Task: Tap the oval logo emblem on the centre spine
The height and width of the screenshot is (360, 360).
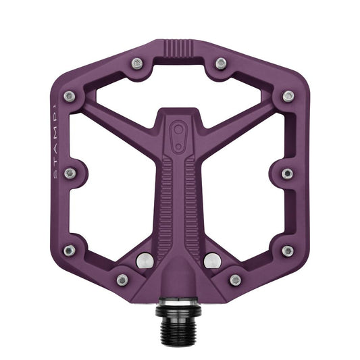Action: (x=180, y=130)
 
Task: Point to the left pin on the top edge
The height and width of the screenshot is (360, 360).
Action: (x=137, y=63)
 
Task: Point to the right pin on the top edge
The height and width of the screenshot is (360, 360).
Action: (x=221, y=63)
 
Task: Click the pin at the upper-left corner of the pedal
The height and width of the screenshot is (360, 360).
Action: (x=70, y=97)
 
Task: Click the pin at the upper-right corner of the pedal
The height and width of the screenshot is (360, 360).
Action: (x=288, y=97)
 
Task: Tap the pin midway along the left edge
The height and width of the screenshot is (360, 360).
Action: (x=70, y=174)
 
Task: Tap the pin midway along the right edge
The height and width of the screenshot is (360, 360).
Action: (x=288, y=174)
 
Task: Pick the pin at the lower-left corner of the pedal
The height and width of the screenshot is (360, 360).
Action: (x=70, y=251)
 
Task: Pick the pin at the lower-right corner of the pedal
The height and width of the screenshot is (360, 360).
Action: (x=288, y=251)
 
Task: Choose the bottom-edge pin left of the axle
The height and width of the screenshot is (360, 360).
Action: (x=122, y=279)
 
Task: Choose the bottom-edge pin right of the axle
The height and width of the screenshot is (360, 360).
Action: (x=236, y=279)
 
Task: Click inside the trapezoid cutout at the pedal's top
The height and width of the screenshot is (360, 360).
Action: (x=179, y=80)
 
